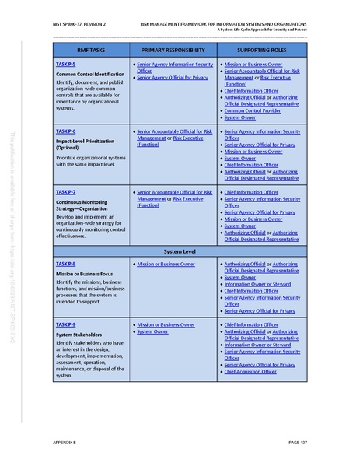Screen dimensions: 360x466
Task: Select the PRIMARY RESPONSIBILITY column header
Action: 173,50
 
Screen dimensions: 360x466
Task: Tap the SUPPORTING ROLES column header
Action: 261,50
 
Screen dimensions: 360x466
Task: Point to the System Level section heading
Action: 180,253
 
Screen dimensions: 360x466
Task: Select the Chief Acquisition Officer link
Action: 250,372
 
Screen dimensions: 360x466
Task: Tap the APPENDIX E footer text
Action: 64,442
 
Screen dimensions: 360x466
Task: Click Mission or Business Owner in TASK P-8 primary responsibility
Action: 166,265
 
